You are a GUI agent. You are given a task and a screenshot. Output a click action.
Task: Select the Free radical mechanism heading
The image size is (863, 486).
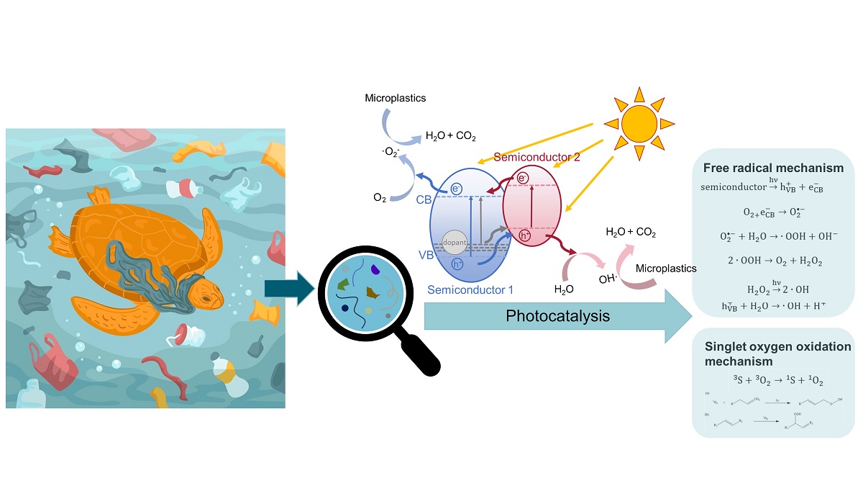(772, 168)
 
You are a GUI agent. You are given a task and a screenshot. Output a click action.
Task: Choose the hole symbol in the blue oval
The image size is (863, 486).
(457, 264)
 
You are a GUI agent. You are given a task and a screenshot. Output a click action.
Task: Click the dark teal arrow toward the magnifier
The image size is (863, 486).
(289, 288)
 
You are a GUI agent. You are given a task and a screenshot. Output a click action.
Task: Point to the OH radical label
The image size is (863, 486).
(608, 277)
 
